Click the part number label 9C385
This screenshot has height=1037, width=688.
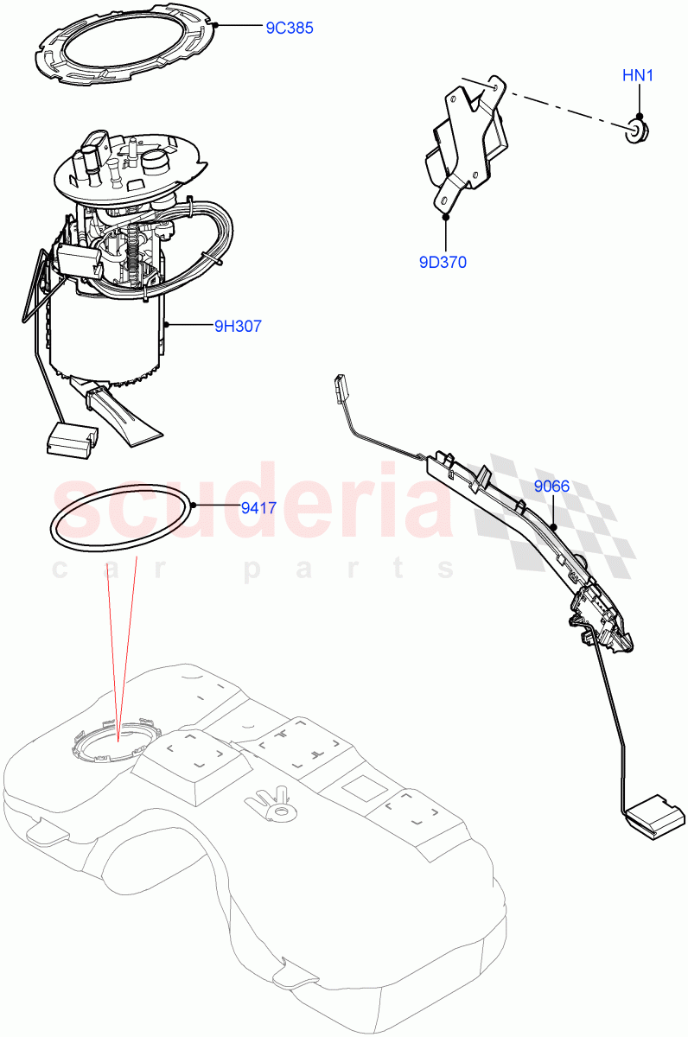[289, 28]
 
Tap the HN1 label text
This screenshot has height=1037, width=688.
[638, 76]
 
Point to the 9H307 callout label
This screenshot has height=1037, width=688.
[238, 326]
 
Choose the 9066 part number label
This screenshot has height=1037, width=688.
[551, 487]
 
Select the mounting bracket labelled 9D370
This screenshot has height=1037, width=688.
[462, 138]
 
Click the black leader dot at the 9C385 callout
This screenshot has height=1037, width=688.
[216, 26]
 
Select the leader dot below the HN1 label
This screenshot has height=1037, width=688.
[639, 116]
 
